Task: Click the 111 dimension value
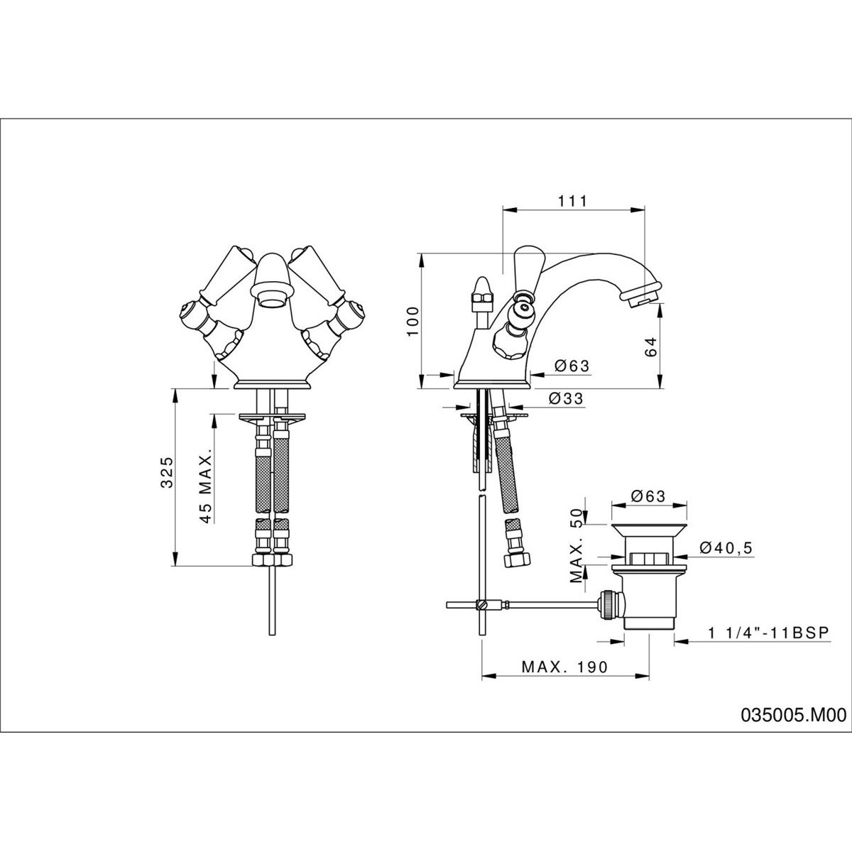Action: click(x=573, y=201)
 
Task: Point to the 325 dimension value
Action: click(x=167, y=473)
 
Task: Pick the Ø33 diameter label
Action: click(x=565, y=399)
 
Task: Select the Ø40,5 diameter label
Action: click(x=726, y=547)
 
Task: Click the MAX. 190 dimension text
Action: click(x=564, y=667)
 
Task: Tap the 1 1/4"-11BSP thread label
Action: click(x=768, y=633)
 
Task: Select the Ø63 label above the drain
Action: click(x=648, y=496)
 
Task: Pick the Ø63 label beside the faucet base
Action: click(x=572, y=366)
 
